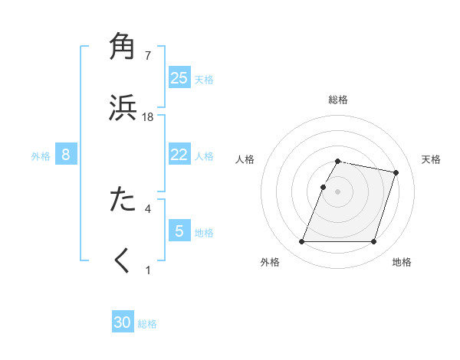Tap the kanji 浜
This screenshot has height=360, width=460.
point(123,107)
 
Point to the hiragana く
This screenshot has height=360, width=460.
point(123,260)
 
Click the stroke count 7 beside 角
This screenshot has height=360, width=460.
point(148,56)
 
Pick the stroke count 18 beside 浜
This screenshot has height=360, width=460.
point(148,116)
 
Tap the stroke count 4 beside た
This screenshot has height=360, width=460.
point(148,208)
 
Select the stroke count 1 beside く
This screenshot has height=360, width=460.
point(148,270)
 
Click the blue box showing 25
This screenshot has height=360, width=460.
point(179,78)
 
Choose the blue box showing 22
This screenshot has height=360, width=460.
point(179,155)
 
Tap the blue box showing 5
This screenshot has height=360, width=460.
point(179,231)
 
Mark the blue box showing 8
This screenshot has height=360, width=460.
point(66,155)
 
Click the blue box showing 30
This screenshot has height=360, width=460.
point(123,322)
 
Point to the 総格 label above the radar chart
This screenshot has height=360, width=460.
point(338,100)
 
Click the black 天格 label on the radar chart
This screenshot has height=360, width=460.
point(431,159)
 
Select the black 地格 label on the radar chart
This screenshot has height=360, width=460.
point(402,262)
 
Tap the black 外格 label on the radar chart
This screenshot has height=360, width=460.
point(270,262)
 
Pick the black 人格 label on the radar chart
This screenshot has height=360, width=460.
point(245,159)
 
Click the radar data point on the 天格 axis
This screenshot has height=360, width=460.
point(396,173)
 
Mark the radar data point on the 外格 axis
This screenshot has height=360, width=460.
point(302,242)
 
